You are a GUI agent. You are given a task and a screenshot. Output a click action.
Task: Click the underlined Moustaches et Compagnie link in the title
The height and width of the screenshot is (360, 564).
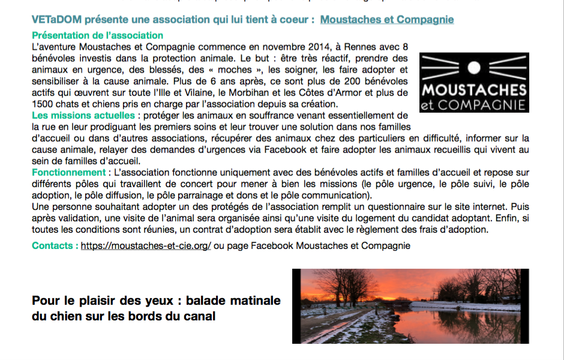[x=387, y=20]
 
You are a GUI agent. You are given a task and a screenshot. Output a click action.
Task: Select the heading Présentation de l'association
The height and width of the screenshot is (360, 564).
[x=97, y=35]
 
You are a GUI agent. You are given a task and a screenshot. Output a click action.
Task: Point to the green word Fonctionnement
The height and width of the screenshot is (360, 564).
[x=68, y=172]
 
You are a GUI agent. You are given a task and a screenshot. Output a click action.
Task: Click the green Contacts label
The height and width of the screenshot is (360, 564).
[x=55, y=246]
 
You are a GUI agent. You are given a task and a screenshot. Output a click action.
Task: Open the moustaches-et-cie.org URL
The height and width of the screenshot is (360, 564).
[x=146, y=246]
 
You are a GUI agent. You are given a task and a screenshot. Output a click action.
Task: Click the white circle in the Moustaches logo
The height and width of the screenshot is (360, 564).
[x=474, y=67]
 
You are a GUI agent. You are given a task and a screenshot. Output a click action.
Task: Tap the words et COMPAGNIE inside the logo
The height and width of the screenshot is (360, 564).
[x=474, y=105]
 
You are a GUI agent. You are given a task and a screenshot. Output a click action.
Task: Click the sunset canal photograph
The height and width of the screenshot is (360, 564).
[x=410, y=306]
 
